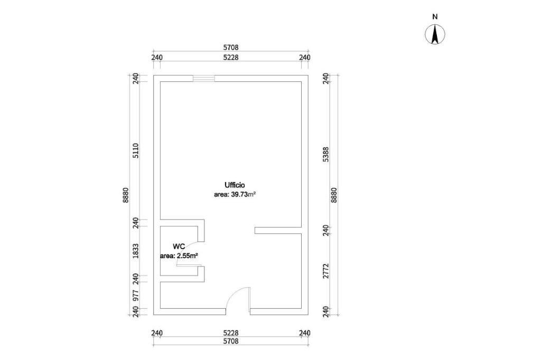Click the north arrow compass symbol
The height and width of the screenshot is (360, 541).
coord(435,35)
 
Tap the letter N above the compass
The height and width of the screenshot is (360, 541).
coord(435,16)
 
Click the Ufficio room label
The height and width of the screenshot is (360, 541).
coord(235,185)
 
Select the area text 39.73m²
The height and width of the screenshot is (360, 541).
coord(235,194)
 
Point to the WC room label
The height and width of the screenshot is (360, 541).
coord(179,247)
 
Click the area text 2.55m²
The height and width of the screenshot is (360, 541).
coord(179,255)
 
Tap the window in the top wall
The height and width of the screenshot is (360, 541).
coord(203,79)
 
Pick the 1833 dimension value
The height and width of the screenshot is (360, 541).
coord(136,250)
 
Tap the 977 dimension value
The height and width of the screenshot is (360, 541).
coord(136,295)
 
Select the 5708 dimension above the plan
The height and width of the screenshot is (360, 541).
coord(231,48)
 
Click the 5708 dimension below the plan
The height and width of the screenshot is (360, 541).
coord(231,342)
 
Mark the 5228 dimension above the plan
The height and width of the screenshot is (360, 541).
coord(231,57)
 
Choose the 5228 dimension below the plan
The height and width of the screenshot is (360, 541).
coord(231,333)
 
